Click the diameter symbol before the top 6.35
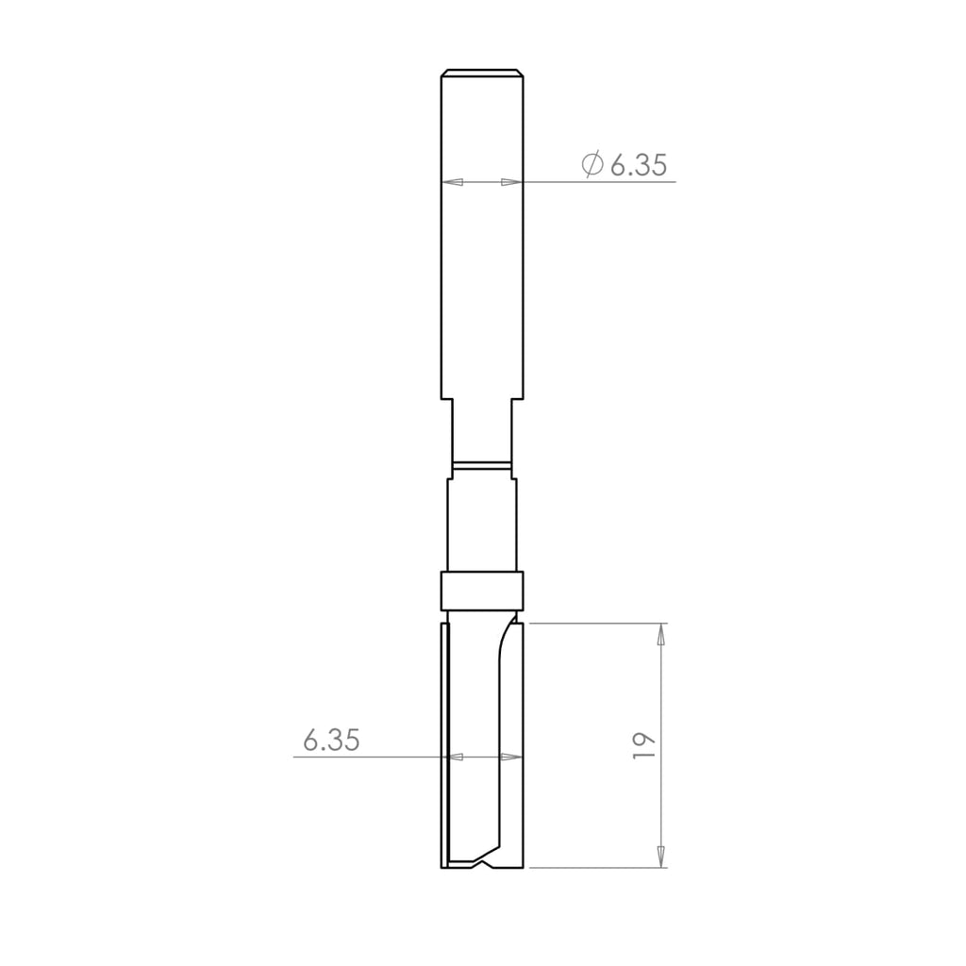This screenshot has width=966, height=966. pos(592,165)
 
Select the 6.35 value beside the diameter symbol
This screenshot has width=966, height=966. pos(639,166)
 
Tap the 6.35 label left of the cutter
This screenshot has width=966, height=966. pos(331,741)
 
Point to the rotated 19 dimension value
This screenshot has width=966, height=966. pos(644,745)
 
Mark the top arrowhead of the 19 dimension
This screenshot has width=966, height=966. pos(660,634)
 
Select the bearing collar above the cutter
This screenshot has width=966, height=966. pos(481,591)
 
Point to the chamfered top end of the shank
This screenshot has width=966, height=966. pos(482,73)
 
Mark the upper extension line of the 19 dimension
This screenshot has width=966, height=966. pos(594,624)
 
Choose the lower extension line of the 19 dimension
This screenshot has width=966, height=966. pos(594,868)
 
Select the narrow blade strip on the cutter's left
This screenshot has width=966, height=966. pos(445,745)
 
